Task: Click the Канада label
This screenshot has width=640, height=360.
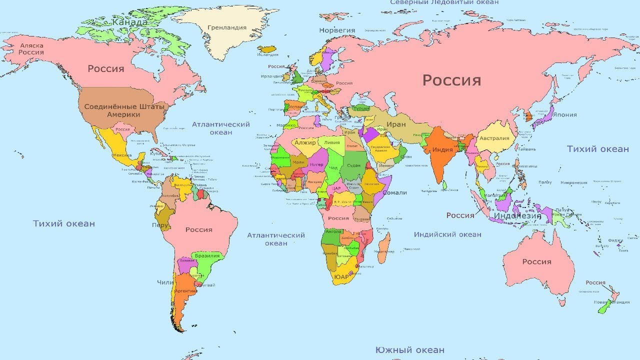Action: click(x=129, y=22)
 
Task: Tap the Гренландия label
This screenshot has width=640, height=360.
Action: click(x=227, y=27)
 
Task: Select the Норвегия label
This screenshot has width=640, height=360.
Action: click(x=337, y=30)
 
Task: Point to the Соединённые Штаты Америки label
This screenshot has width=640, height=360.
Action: click(x=112, y=110)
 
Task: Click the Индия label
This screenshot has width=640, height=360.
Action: click(x=442, y=149)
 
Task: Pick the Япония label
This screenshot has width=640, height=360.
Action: click(x=564, y=114)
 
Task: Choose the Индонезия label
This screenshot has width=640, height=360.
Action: click(x=517, y=216)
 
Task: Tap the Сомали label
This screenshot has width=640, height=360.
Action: click(x=394, y=192)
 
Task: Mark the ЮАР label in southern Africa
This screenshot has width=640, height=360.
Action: click(x=341, y=276)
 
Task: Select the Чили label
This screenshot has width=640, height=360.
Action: click(x=165, y=282)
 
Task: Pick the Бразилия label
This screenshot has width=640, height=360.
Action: click(x=207, y=255)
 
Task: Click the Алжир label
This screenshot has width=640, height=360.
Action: click(x=305, y=142)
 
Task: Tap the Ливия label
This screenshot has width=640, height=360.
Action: click(x=331, y=142)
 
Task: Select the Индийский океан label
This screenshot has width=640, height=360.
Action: click(x=447, y=234)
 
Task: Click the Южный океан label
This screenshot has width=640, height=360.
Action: click(x=409, y=350)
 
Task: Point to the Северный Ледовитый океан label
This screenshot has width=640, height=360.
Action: click(x=444, y=2)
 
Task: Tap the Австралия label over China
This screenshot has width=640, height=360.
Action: click(x=494, y=138)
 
